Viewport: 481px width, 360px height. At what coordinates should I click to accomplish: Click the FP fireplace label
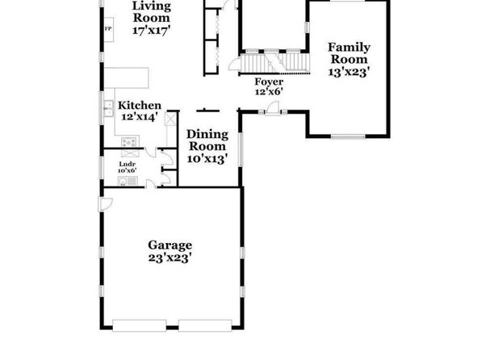[x=108, y=29]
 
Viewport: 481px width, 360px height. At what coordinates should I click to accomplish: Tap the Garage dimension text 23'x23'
[x=170, y=257]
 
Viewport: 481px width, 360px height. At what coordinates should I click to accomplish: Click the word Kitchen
[x=140, y=106]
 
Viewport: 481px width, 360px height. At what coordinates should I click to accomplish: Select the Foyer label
[x=269, y=82]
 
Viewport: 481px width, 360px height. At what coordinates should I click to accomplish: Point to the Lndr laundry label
[x=128, y=164]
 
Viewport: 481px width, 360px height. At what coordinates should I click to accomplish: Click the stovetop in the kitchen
[x=129, y=142]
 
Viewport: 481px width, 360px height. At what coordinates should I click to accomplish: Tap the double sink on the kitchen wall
[x=108, y=109]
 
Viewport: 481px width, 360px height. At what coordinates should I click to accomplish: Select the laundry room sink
[x=128, y=181]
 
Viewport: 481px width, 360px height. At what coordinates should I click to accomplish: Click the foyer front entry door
[x=273, y=108]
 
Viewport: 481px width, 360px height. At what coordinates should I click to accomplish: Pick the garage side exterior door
[x=105, y=204]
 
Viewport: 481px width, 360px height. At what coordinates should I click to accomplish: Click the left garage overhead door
[x=140, y=325]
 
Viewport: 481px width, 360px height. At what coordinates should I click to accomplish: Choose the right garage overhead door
[x=205, y=325]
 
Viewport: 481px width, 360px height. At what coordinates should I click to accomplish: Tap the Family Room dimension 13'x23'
[x=349, y=72]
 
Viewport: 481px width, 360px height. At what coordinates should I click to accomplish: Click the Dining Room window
[x=240, y=150]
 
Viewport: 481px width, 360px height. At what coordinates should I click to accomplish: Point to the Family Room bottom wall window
[x=348, y=136]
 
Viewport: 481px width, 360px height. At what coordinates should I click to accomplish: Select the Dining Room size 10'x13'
[x=207, y=159]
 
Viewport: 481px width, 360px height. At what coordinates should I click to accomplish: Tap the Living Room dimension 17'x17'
[x=152, y=31]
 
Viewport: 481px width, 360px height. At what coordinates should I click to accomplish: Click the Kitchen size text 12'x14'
[x=140, y=117]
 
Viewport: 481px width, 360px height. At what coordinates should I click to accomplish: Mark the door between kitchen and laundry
[x=150, y=153]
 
